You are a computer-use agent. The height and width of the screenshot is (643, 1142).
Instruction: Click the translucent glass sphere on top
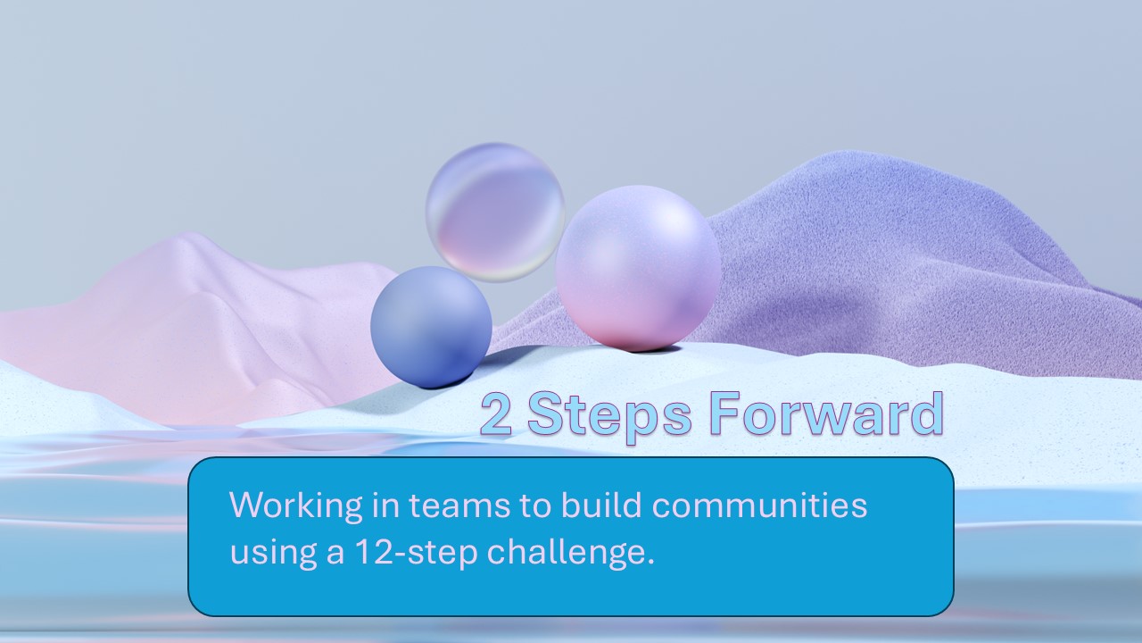coord(495,212)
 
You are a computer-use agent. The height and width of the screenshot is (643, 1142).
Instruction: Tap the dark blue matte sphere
coord(431,327)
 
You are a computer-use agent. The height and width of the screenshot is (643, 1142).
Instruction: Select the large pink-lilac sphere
coord(638,268)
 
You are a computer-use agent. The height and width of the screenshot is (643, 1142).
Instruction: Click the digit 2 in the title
coord(496,413)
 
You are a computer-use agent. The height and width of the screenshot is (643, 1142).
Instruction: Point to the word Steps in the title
coord(609,416)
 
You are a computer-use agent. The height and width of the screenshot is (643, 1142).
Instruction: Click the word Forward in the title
coord(827,413)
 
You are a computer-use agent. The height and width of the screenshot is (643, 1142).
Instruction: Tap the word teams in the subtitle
coord(459,505)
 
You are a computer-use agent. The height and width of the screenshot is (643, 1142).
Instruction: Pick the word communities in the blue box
coord(759,505)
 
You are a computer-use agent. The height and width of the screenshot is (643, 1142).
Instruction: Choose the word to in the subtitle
coord(535,505)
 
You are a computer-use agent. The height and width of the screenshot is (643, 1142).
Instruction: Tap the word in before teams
coord(385,505)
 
